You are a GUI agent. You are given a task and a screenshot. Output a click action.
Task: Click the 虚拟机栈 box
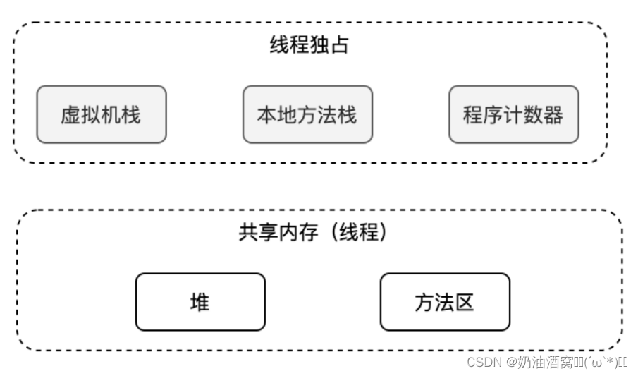(101, 115)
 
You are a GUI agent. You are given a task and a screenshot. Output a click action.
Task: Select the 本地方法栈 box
(307, 115)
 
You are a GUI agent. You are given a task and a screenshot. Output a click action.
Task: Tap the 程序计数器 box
(513, 115)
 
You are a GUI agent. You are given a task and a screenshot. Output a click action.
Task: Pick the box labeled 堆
(200, 302)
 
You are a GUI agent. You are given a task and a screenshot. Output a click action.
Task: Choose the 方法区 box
(444, 302)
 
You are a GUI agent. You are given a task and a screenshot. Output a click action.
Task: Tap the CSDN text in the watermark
(482, 362)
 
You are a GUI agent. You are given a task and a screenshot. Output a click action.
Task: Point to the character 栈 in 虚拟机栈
(131, 115)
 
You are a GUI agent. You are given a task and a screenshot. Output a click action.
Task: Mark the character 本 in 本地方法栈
(267, 115)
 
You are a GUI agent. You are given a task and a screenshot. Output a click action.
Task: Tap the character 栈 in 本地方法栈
(348, 115)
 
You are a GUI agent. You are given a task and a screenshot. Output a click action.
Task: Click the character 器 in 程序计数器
(553, 115)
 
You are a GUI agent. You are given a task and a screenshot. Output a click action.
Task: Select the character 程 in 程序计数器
(473, 115)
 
